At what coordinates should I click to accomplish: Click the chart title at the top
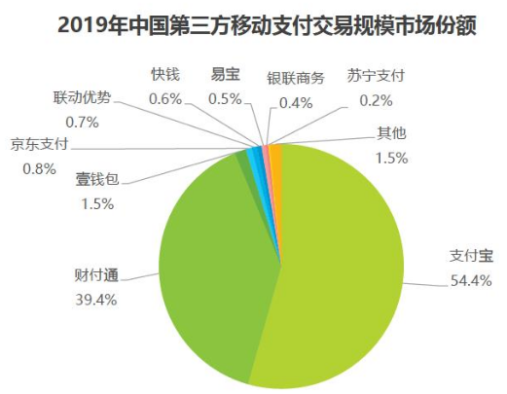253,22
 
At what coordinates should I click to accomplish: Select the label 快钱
165,74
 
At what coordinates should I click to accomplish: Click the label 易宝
226,74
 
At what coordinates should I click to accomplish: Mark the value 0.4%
295,102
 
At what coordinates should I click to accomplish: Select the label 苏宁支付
375,74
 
